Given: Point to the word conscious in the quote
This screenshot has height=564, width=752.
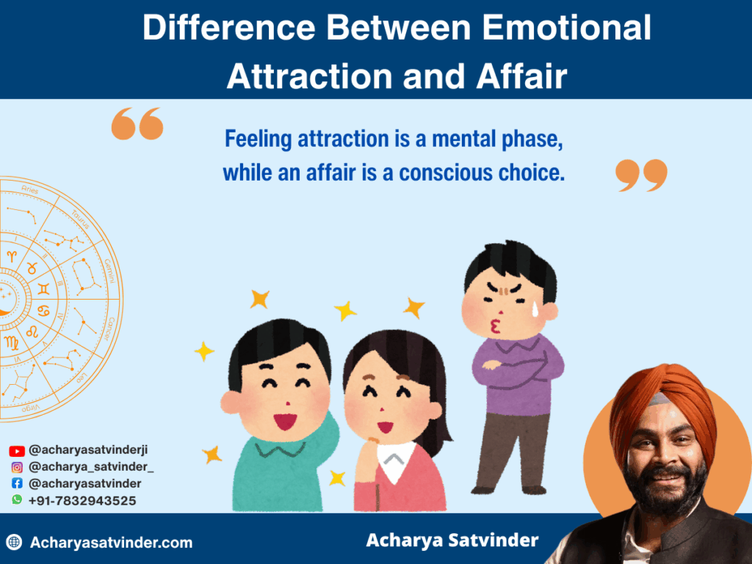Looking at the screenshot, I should tap(451, 173).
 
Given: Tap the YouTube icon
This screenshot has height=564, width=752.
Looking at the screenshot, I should tap(17, 451).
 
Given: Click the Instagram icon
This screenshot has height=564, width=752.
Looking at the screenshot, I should tap(17, 467).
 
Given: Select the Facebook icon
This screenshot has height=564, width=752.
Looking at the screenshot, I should tap(17, 484).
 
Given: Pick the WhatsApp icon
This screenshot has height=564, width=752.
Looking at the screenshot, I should tap(17, 500).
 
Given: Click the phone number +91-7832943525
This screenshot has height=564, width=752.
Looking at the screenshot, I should tap(82, 500).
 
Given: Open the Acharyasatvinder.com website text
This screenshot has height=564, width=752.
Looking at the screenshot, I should tap(111, 543).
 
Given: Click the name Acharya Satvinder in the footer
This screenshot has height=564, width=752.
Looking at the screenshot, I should tap(452, 541).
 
